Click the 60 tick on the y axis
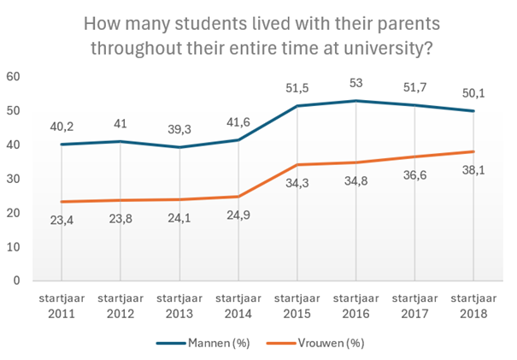click(13, 77)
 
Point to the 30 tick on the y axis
click(13, 179)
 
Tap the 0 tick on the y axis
click(16, 280)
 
